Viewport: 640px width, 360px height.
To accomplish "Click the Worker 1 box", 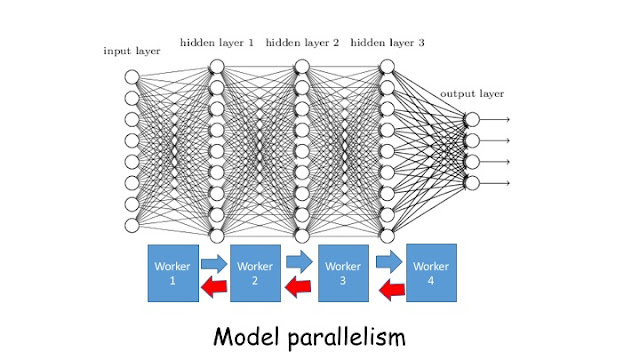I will coord(173,273).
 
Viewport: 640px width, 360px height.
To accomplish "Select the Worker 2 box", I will coord(256,273).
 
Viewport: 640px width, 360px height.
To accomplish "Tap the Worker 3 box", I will coord(343,273).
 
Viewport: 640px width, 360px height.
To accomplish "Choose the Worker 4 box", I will coord(431,272).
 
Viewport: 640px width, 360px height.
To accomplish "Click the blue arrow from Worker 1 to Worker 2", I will coord(214,263).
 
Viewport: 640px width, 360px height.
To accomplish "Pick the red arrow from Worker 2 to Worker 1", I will coord(214,288).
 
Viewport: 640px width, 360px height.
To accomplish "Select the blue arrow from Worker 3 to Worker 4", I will coord(389,263).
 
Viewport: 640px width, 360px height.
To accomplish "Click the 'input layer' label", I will coord(130,50).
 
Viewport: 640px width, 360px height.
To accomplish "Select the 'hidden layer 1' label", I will coord(217,42).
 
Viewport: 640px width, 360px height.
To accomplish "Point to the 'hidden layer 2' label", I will coord(302,42).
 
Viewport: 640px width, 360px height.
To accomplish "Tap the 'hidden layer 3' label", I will coord(387,42).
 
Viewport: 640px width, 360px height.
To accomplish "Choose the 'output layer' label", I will coord(472,93).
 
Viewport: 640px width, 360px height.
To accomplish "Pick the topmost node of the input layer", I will coord(131,77).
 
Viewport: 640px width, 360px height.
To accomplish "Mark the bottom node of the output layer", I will coord(472,182).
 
